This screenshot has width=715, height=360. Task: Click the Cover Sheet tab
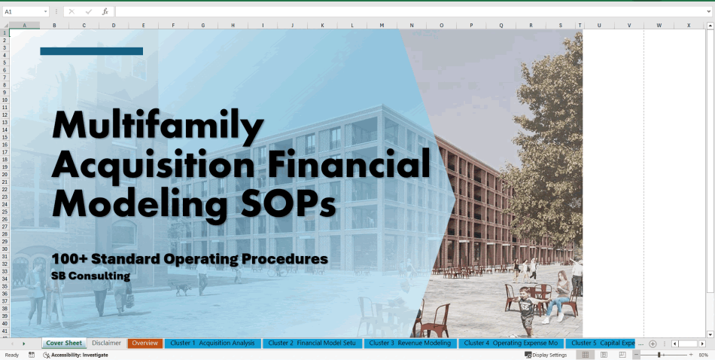pos(64,343)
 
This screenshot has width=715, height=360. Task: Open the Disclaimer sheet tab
pos(106,343)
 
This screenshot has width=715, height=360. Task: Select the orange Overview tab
pos(145,343)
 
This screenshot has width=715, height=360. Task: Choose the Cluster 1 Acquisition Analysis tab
pos(212,343)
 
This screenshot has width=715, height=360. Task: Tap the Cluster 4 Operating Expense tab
pos(510,343)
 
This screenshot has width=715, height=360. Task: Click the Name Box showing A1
pos(23,12)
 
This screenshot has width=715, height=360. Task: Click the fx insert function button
pos(105,12)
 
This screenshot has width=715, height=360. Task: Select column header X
pos(688,26)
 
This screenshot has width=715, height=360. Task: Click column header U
pos(599,26)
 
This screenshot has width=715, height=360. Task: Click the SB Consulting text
pos(90,276)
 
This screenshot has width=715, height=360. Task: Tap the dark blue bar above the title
pos(91,51)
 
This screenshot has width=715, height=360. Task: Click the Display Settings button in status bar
pos(546,355)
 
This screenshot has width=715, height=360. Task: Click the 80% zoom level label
pos(704,355)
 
